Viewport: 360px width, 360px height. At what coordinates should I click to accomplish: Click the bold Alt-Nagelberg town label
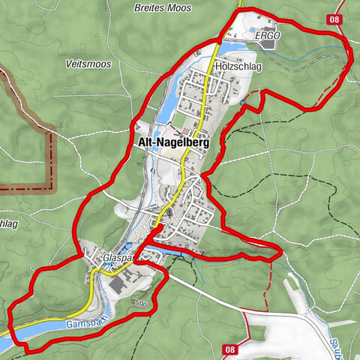(172, 141)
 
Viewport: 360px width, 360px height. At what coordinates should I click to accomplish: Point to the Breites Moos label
(163, 8)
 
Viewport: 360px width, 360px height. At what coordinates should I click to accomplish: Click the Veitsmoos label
(88, 64)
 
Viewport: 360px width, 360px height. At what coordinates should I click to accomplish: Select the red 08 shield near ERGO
(334, 19)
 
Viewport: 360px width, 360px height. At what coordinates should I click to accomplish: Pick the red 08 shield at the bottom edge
(230, 349)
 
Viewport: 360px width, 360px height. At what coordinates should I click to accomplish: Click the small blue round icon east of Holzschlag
(243, 101)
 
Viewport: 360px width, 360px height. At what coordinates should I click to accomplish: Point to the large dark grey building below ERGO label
(268, 44)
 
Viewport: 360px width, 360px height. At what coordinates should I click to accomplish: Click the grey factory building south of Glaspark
(120, 286)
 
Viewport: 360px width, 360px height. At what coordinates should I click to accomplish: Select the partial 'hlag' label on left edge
(9, 223)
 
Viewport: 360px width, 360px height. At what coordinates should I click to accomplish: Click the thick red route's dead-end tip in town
(160, 225)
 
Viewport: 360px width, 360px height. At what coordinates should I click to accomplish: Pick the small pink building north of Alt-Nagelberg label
(185, 111)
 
